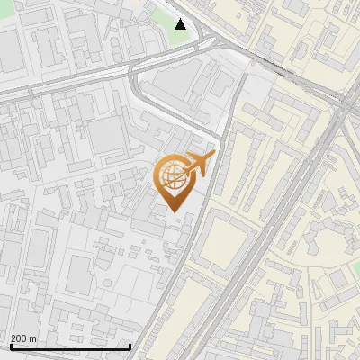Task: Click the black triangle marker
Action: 181,24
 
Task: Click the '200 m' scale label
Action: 23,338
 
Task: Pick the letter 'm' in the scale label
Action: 33,338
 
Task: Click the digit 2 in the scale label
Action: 13,338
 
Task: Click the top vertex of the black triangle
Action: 181,19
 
